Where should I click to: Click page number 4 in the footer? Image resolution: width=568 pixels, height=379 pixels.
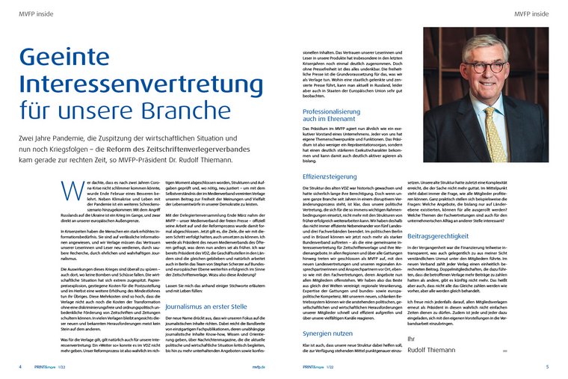point(19,367)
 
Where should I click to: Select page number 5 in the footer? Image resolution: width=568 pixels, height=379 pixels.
point(547,367)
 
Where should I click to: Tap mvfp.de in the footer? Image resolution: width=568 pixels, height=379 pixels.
point(259,367)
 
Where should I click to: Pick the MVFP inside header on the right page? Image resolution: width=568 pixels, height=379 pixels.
point(532,14)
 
